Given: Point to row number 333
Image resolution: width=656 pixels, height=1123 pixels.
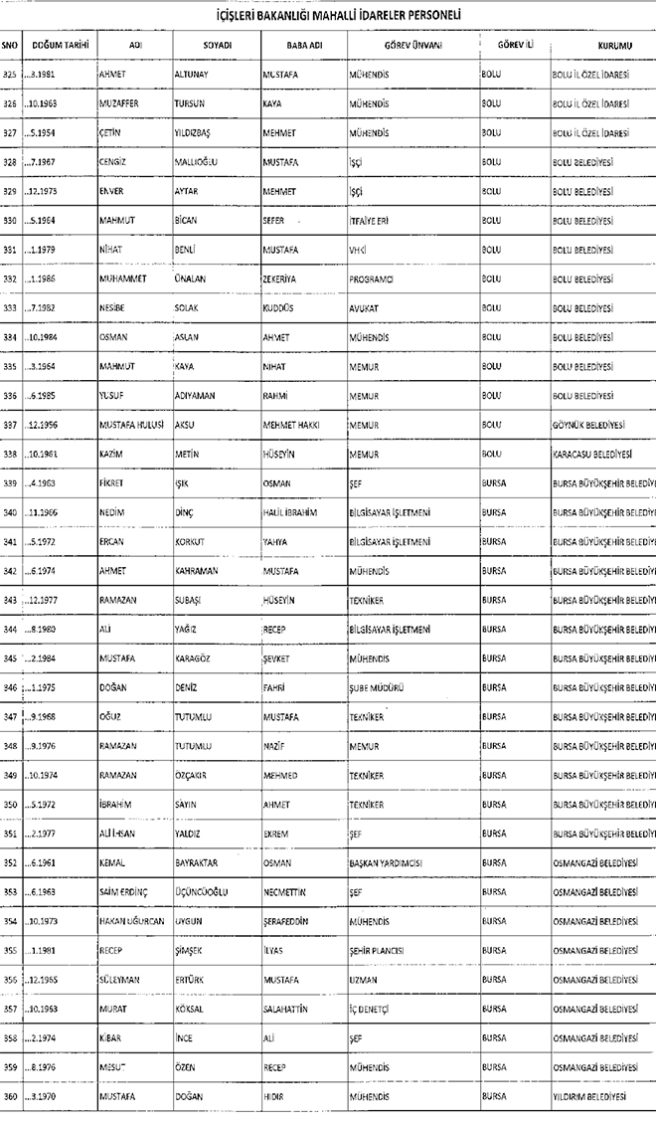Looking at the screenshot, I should point(10,308).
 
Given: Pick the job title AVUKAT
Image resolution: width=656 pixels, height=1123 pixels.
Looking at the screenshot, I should point(364,308).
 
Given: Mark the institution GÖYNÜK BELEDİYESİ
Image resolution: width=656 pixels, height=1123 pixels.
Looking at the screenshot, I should point(587,425).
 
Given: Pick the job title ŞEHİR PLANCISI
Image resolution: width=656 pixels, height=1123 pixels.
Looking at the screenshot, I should point(377,951).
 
